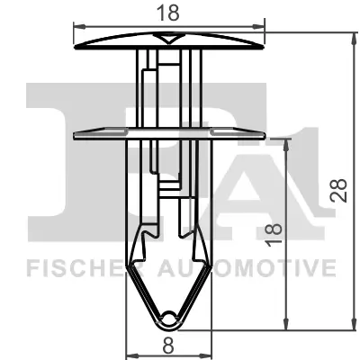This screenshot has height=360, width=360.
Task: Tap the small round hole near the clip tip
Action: tap(171, 316)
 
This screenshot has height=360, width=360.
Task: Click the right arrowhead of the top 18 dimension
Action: tap(264, 22)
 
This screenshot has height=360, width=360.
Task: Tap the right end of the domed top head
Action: tap(267, 43)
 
